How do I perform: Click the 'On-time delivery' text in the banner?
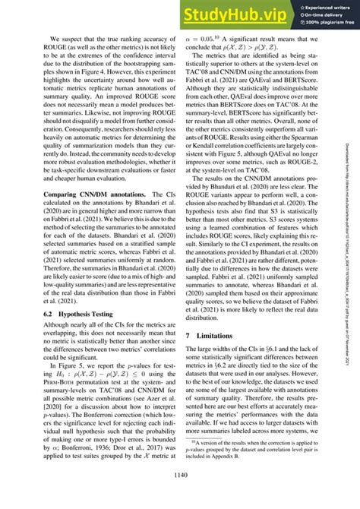click(x=320, y=13)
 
